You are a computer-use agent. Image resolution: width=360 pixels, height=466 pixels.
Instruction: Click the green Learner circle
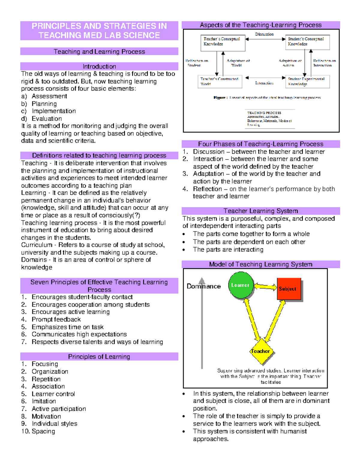coord(241,285)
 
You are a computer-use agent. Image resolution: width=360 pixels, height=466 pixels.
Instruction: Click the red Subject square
coord(289,289)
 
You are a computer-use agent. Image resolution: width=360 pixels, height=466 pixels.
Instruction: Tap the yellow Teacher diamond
coord(260,351)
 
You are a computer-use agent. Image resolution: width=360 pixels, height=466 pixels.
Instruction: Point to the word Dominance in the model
coord(204,286)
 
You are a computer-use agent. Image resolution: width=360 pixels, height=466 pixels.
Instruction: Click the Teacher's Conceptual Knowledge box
coord(223,43)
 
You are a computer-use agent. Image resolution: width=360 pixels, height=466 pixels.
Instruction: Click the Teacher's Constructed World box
coord(221,81)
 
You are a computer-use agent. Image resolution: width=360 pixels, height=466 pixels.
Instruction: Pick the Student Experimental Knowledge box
coord(307,81)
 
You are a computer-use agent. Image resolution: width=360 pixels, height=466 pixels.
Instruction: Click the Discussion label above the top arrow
coord(264,34)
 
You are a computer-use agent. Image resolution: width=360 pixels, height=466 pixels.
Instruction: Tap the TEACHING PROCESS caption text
coord(264,113)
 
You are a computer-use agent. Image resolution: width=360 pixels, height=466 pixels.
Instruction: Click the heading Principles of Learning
coord(99,356)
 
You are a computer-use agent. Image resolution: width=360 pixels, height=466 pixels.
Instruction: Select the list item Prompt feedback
coord(56,319)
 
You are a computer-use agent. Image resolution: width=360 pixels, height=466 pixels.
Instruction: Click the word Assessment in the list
coord(49,96)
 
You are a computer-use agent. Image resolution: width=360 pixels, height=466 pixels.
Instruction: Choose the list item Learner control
coord(53,394)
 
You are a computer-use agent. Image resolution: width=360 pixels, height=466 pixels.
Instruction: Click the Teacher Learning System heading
coord(260,211)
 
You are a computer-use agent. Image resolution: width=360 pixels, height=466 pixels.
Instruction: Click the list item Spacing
coord(43,431)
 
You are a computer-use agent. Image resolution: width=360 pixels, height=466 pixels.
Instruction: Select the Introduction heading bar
coord(99,66)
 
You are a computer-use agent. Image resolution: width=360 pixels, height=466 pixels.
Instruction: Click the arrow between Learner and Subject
coord(265,287)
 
